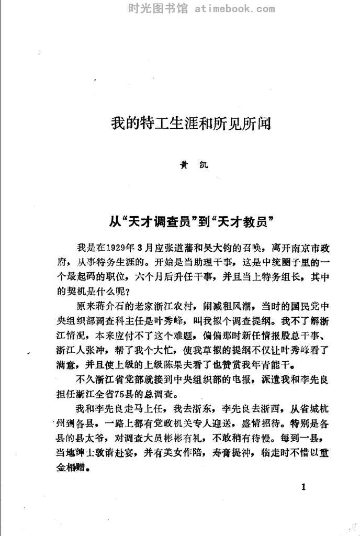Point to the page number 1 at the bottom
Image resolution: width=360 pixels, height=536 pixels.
pyautogui.click(x=304, y=488)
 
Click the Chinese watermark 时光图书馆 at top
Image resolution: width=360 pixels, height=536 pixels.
pyautogui.click(x=152, y=8)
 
